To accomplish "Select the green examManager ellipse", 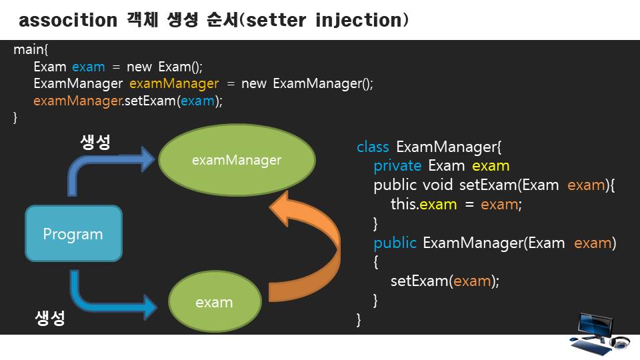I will (x=237, y=160).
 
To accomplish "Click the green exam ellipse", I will (x=214, y=302).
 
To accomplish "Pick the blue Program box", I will (x=73, y=233).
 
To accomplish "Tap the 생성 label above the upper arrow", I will (x=95, y=142).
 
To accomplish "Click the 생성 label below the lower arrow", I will (x=50, y=317).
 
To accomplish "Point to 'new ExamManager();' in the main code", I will (x=307, y=84).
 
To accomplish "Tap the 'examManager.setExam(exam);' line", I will (x=127, y=101).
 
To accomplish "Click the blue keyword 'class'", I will (x=373, y=147).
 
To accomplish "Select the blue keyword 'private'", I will (x=397, y=165).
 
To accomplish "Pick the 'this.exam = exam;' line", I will (x=456, y=204).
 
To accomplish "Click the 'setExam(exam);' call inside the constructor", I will (x=445, y=281).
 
